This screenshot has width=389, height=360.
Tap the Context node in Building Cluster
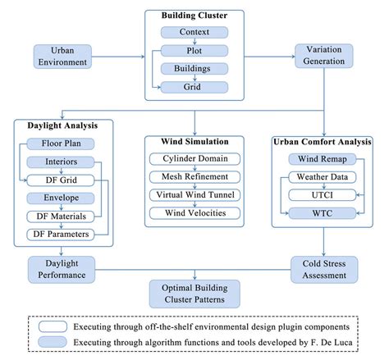point(194,31)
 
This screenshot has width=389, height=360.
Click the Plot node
point(194,49)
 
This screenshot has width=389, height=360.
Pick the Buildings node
point(194,68)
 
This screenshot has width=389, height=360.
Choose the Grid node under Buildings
point(194,86)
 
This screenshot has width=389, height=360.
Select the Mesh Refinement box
point(194,176)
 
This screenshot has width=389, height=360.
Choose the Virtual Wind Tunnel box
point(194,194)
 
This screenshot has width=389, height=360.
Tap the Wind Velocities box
point(194,213)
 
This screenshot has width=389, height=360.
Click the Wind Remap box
point(321,158)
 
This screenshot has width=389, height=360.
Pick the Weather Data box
point(321,177)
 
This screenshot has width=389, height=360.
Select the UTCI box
point(321,195)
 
